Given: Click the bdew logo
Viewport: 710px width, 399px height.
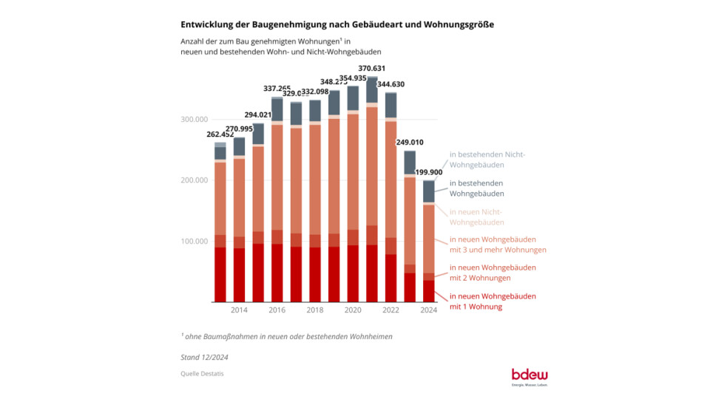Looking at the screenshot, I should pos(530,375).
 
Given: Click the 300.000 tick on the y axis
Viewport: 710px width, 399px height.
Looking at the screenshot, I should pos(194,120).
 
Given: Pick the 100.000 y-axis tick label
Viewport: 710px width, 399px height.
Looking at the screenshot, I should pos(194,242).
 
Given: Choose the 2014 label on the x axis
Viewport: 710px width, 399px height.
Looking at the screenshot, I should pos(239,311).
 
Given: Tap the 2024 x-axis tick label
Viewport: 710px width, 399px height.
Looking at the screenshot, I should pos(428,311).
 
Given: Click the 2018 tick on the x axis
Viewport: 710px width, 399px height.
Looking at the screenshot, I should pos(314,311).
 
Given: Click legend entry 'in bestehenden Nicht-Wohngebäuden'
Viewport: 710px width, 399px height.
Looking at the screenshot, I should pos(487,160).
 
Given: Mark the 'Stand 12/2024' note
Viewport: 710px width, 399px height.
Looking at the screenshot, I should pos(205,356).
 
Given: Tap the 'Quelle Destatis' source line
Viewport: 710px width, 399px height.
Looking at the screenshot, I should pos(202,374).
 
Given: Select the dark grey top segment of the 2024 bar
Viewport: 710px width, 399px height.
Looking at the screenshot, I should pos(428,191).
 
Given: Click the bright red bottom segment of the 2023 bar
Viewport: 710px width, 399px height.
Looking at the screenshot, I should pos(409,287).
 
